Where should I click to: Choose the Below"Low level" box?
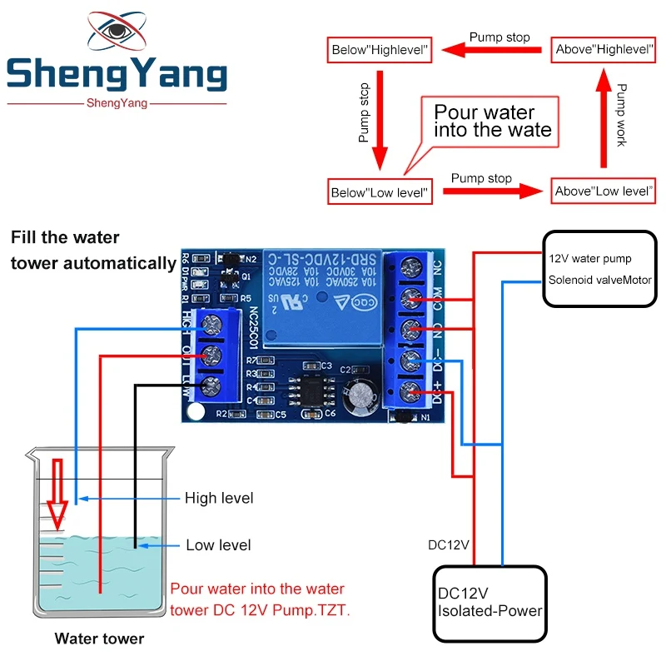click(380, 192)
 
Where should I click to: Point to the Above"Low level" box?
click(604, 191)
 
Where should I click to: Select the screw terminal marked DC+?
click(410, 390)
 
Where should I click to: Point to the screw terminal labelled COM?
click(410, 297)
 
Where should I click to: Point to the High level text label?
click(219, 498)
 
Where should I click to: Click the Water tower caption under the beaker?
click(99, 639)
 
